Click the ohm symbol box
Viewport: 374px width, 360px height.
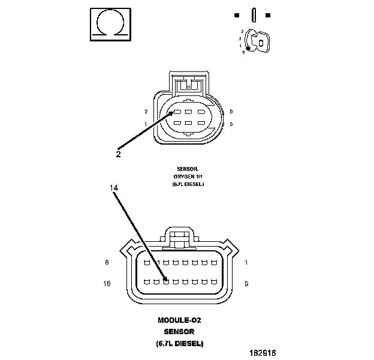(x=110, y=25)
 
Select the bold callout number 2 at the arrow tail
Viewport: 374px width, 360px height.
(x=118, y=154)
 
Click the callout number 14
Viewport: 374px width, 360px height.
(x=114, y=188)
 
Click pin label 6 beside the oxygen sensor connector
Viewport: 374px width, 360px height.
(x=231, y=112)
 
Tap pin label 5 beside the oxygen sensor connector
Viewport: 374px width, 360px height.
(x=231, y=124)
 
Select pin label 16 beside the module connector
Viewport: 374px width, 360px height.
(x=107, y=283)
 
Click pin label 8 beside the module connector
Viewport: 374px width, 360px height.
(x=107, y=263)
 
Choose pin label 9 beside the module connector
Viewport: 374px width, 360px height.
(x=247, y=283)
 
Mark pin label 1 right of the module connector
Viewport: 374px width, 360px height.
(x=246, y=263)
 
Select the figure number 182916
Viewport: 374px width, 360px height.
(x=263, y=353)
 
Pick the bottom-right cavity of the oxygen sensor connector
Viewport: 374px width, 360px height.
(x=200, y=124)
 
